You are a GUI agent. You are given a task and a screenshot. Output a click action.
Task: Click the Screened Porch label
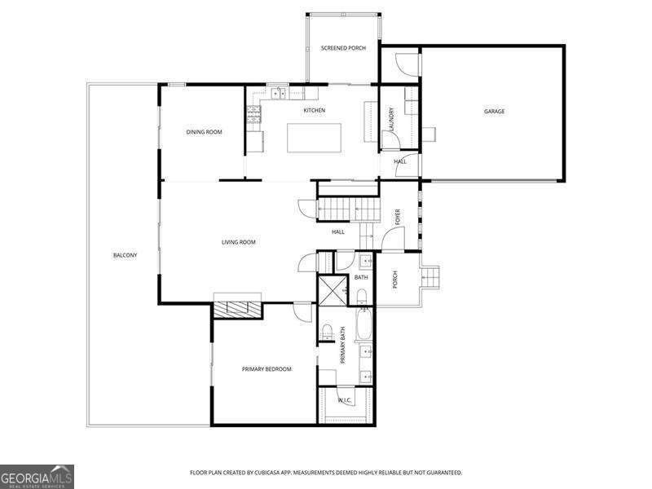coord(343,48)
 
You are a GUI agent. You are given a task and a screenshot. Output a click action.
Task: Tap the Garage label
coord(494,112)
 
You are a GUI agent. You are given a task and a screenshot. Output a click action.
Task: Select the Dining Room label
coord(205,132)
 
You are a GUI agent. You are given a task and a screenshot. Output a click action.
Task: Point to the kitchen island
coord(315,138)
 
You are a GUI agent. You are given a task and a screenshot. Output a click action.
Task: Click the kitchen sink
coord(279,94)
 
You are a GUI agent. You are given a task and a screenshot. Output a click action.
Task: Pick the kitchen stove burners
coord(253,115)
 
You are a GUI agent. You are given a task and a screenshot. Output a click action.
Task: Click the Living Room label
coord(238,242)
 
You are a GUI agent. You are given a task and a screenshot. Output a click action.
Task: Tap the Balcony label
coord(126,255)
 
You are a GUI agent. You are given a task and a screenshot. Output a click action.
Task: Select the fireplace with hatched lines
coord(237,311)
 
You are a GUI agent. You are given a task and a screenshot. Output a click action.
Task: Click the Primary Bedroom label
coord(267,369)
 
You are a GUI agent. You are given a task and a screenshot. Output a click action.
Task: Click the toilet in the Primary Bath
coord(328,332)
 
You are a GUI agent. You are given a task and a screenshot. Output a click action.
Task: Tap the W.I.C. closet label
coord(345,401)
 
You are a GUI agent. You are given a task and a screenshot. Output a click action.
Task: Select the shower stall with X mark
coord(332,290)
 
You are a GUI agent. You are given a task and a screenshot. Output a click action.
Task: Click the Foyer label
coord(398,218)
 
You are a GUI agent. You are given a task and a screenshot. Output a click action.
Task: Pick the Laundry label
coord(391,119)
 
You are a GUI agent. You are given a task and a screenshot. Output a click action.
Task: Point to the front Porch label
coord(395,280)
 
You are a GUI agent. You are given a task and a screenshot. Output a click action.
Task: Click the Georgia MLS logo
coord(37,477)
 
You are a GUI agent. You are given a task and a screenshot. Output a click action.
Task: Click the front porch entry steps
coord(431,277)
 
